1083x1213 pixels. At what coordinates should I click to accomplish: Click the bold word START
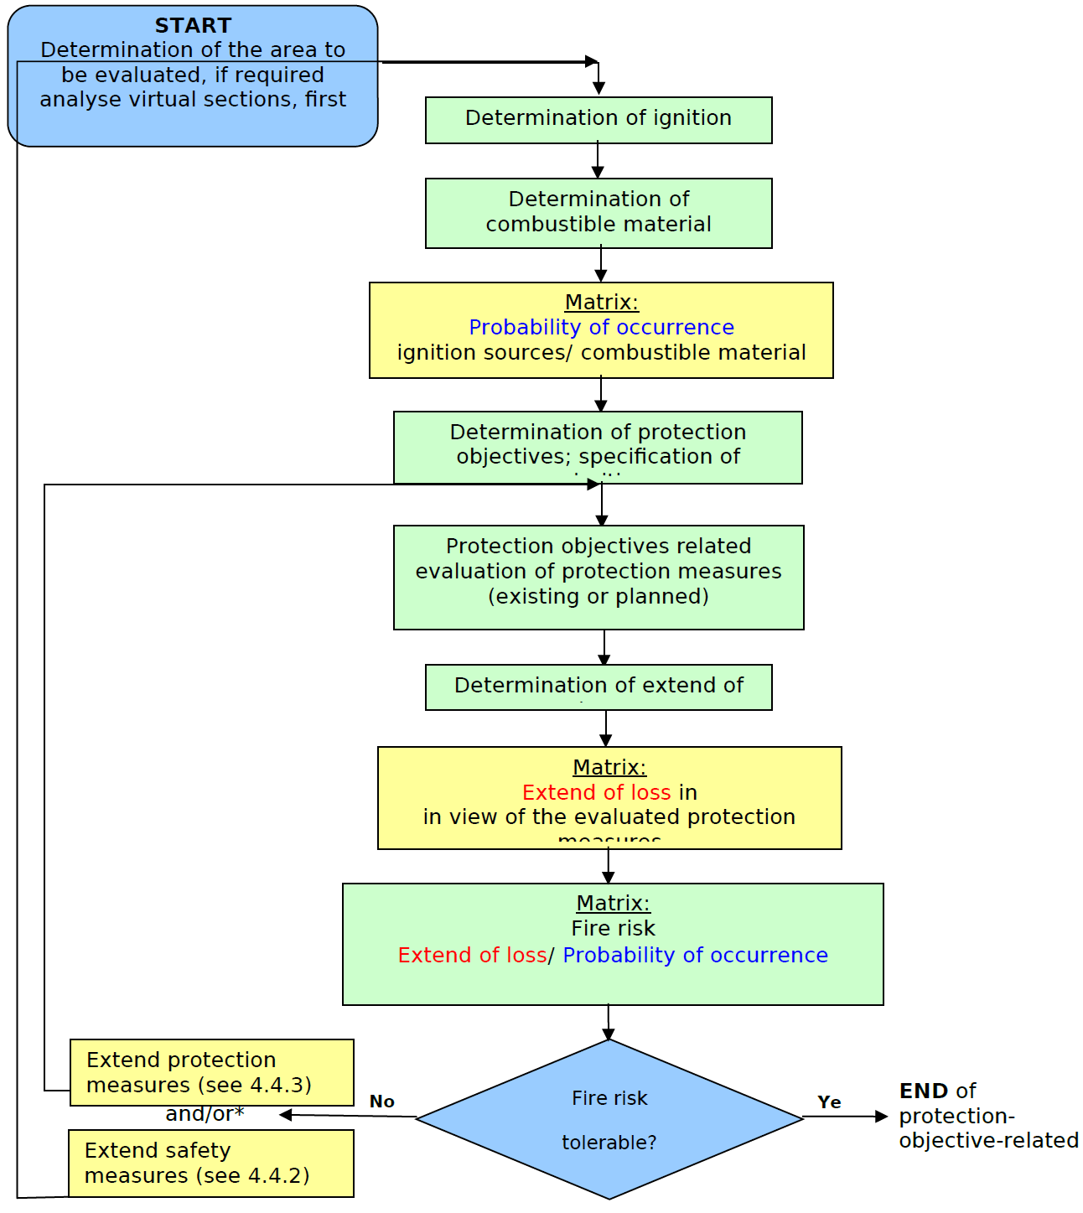point(193,26)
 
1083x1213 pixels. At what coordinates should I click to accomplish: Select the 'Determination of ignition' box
point(598,120)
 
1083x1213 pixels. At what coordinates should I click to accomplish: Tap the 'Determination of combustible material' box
point(598,213)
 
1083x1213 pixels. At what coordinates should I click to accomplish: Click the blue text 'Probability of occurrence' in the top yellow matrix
point(601,327)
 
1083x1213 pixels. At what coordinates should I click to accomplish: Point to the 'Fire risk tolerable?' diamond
point(609,1119)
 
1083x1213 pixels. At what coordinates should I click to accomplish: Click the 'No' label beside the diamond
point(381,1102)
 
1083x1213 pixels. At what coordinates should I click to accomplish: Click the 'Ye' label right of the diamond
point(829,1102)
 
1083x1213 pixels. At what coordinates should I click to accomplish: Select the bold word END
point(924,1091)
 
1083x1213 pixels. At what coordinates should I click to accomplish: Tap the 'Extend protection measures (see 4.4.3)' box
point(211,1072)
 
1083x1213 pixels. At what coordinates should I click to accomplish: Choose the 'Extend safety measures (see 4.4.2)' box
point(210,1163)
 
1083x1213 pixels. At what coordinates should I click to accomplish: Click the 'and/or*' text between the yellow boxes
point(205,1114)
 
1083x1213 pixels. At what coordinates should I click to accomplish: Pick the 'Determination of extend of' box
point(598,687)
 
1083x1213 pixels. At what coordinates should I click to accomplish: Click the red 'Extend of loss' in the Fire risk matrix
point(472,955)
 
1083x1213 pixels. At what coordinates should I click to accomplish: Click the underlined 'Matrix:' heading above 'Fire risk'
point(613,903)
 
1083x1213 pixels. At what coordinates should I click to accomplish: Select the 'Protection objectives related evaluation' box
point(598,577)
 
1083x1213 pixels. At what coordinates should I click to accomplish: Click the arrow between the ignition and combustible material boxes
point(598,160)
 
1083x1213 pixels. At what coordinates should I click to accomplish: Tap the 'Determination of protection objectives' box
point(598,447)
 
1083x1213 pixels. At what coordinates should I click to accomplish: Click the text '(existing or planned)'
point(598,596)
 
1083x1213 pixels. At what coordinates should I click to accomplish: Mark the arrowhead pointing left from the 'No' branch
point(286,1115)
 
